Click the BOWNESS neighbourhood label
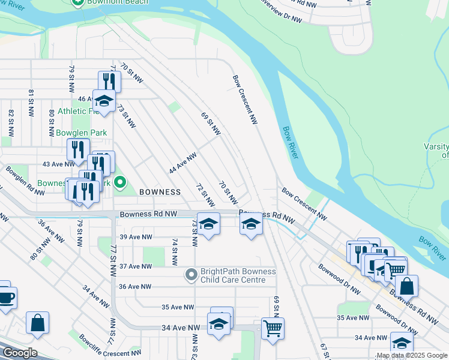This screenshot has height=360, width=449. [160, 192]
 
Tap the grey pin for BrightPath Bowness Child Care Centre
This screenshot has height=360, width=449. [191, 275]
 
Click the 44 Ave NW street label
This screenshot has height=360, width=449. [183, 163]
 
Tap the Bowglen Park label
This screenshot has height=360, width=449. [79, 132]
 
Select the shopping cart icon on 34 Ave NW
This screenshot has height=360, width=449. [273, 328]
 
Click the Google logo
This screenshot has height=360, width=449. [19, 353]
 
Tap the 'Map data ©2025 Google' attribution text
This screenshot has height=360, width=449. [412, 356]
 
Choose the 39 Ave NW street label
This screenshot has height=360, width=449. [135, 237]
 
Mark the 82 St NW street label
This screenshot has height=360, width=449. [11, 122]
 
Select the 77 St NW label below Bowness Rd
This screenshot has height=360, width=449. [112, 262]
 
